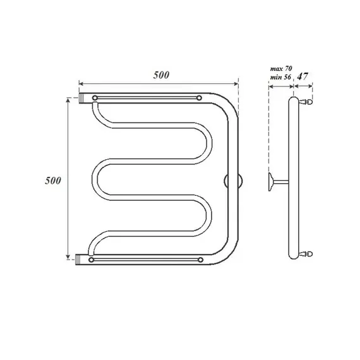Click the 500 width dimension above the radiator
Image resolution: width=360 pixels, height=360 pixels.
point(162,75)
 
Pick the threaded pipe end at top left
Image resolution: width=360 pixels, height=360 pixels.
point(83,98)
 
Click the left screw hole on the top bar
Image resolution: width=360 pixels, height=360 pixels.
point(94,98)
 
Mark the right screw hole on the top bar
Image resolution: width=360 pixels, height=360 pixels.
point(200,98)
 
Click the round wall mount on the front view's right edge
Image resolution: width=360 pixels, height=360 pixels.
point(230,181)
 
